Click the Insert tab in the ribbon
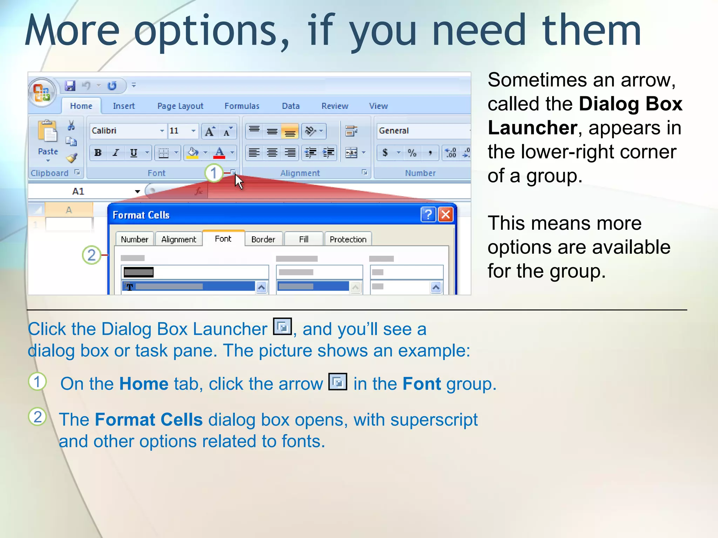tap(124, 106)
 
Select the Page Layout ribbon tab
tap(180, 106)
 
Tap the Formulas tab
tap(242, 106)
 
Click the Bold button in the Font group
tap(98, 153)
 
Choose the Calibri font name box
tap(124, 131)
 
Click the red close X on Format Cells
tap(446, 214)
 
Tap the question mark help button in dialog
tap(428, 214)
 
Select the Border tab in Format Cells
tap(263, 239)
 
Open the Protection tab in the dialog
tap(348, 239)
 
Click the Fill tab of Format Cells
tap(304, 239)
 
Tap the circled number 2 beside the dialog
tap(92, 255)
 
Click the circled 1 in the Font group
tap(214, 173)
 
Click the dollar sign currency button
tap(385, 153)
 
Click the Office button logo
tap(42, 92)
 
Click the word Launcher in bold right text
tap(532, 127)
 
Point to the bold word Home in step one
tap(144, 384)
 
